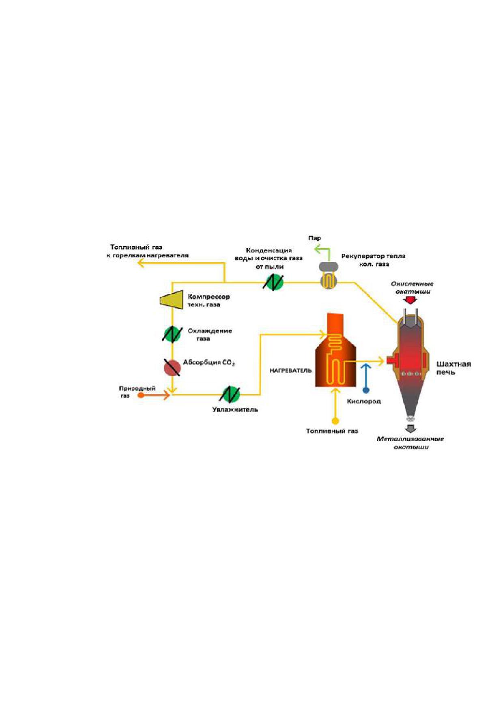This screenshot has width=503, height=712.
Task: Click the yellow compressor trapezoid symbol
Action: (172, 300)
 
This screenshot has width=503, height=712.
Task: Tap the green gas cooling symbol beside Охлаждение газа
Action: (172, 334)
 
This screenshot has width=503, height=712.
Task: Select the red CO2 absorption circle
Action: (172, 368)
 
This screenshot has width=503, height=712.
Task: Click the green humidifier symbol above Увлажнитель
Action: (230, 394)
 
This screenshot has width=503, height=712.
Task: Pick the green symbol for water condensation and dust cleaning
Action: (273, 282)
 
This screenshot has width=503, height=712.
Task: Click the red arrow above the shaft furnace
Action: (411, 300)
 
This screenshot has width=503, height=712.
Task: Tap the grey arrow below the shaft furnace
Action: (411, 429)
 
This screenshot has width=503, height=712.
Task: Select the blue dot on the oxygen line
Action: (366, 391)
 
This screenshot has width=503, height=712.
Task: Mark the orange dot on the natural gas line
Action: (141, 395)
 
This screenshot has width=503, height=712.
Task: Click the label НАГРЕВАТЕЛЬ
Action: (290, 371)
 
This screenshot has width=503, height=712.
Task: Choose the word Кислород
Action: (364, 401)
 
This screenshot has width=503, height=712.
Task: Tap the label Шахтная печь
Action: (454, 368)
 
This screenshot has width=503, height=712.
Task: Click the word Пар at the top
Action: (315, 238)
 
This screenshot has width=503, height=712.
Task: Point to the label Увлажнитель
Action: (235, 410)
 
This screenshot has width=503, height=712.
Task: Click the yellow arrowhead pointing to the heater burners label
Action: (141, 263)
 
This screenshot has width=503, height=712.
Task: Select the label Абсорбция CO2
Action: (209, 362)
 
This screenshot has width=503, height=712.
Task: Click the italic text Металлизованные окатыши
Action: (411, 443)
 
